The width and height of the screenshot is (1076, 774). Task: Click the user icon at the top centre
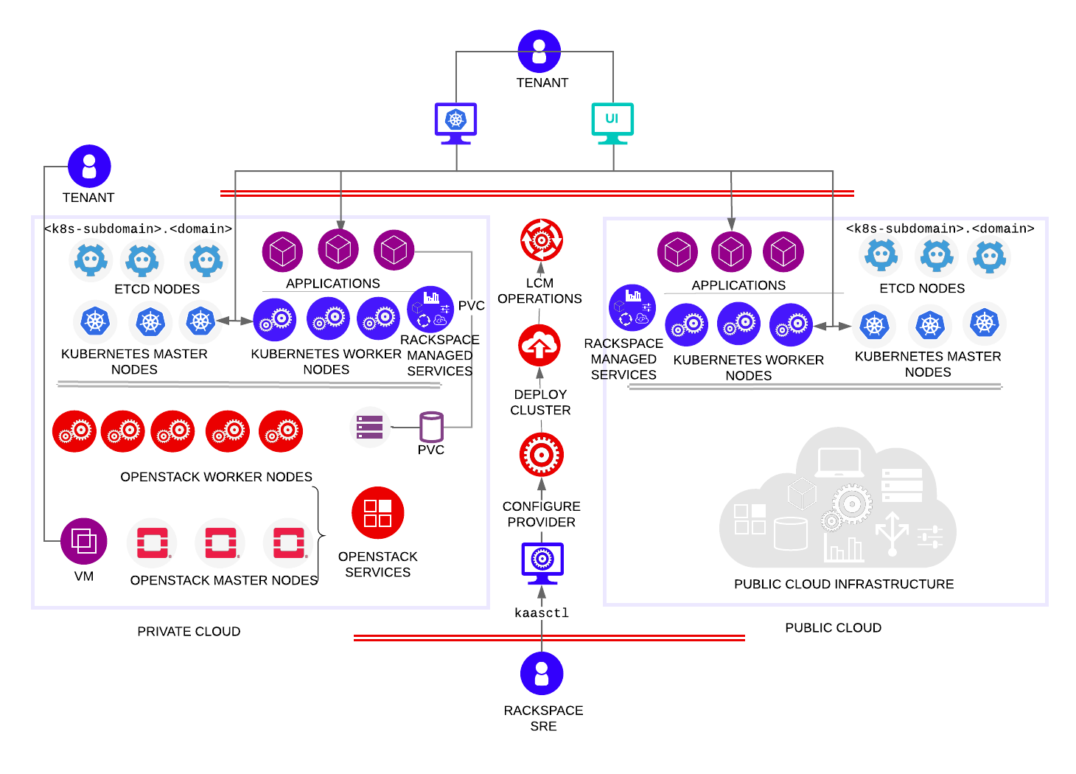[x=539, y=52]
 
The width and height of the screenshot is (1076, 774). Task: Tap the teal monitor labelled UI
[x=612, y=122]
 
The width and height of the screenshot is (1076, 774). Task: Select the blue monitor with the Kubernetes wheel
[x=455, y=122]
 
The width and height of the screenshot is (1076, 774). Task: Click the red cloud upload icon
[x=539, y=345]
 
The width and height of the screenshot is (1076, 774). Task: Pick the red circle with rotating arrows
[x=542, y=240]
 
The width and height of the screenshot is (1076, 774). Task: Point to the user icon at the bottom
[x=542, y=673]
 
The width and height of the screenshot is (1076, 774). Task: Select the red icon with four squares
[x=377, y=512]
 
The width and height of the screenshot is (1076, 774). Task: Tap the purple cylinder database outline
[x=431, y=427]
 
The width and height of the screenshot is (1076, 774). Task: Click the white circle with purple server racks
[x=370, y=427]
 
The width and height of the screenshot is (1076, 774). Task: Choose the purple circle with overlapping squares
[x=83, y=541]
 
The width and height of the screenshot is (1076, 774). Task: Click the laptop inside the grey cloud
[x=839, y=463]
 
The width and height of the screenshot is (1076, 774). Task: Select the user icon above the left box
[x=89, y=166]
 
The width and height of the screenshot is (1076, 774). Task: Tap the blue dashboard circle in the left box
[x=430, y=309]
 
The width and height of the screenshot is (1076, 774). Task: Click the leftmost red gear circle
[x=74, y=431]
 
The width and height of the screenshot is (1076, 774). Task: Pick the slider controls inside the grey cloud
[x=930, y=536]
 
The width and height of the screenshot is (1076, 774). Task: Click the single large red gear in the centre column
[x=542, y=455]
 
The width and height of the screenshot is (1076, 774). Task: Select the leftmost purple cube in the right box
[x=677, y=252]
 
